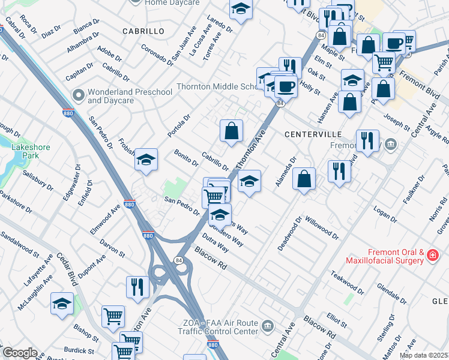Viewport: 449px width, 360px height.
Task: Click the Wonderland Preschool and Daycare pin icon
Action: [79, 95]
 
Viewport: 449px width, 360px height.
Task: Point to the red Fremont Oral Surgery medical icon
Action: [432, 256]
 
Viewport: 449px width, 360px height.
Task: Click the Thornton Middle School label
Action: [216, 86]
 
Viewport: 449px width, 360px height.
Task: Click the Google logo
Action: [19, 353]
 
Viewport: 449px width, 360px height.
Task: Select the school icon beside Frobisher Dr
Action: [146, 160]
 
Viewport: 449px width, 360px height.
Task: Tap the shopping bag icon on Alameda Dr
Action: [305, 178]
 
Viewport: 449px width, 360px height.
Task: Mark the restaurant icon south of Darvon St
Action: [137, 287]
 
